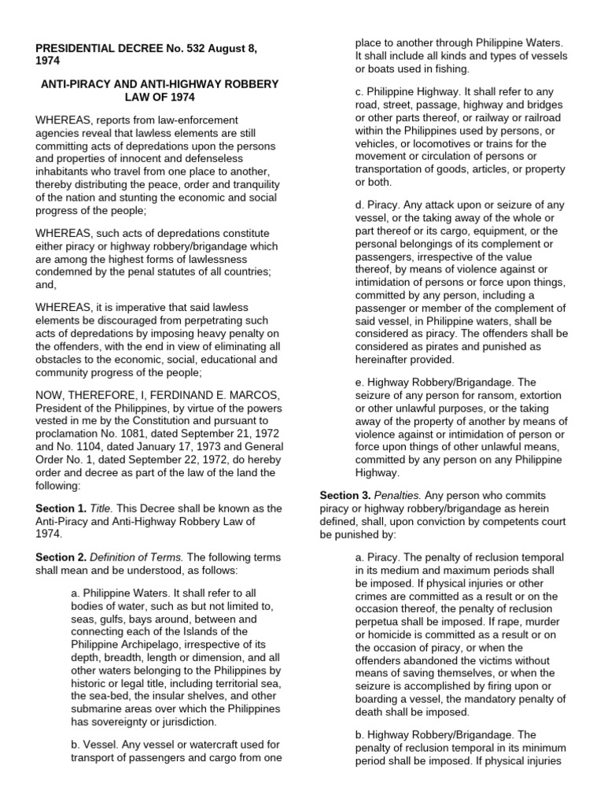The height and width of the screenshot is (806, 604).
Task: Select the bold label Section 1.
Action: click(x=60, y=508)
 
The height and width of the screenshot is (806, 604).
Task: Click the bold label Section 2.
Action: click(x=60, y=557)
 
